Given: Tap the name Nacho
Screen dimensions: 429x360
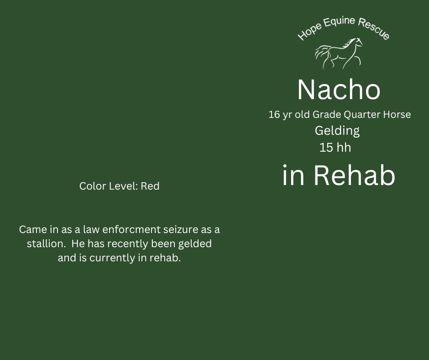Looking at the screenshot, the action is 339,90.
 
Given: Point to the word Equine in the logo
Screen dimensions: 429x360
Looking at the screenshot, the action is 339,22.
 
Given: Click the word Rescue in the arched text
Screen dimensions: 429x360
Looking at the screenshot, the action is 374,28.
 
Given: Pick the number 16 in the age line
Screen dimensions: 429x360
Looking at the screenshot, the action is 274,115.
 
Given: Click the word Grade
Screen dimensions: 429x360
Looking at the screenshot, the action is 327,115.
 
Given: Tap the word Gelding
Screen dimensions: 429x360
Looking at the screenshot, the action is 337,131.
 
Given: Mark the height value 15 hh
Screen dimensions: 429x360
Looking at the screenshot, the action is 335,148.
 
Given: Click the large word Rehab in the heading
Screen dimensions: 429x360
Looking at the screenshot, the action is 354,175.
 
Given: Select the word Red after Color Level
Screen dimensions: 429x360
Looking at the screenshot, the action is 150,186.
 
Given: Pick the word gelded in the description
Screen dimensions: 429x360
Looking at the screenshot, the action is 195,244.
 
